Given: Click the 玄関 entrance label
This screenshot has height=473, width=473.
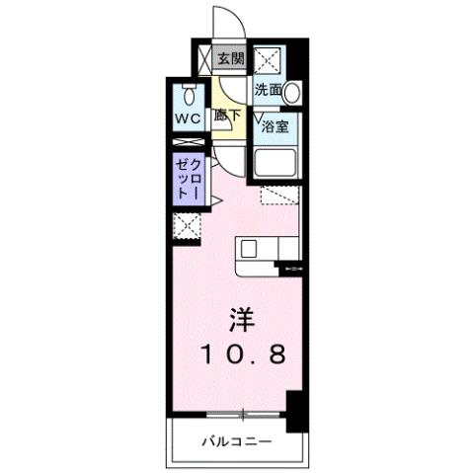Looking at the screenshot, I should tap(230, 58).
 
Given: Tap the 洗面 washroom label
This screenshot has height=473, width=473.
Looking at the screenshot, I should tap(268, 90).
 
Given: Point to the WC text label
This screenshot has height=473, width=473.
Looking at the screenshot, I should tap(189, 119).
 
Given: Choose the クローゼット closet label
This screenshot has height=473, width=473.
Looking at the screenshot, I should tap(189, 179).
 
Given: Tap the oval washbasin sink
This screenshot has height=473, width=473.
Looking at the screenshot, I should tap(292, 92).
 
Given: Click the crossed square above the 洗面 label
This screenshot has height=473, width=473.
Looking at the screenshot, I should tap(268, 60).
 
